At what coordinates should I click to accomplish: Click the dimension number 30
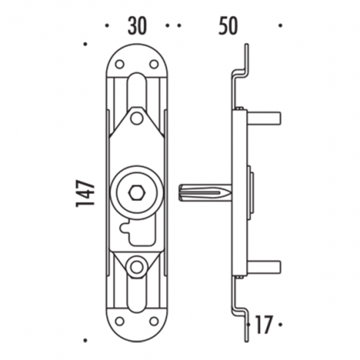136,26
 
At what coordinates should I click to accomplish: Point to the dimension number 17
263,322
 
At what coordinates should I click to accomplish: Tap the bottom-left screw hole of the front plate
120,321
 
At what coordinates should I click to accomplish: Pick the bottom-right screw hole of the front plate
154,321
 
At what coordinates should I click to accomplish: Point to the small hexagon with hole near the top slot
137,119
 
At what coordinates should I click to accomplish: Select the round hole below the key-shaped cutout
137,266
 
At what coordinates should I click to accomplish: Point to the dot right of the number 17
282,322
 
